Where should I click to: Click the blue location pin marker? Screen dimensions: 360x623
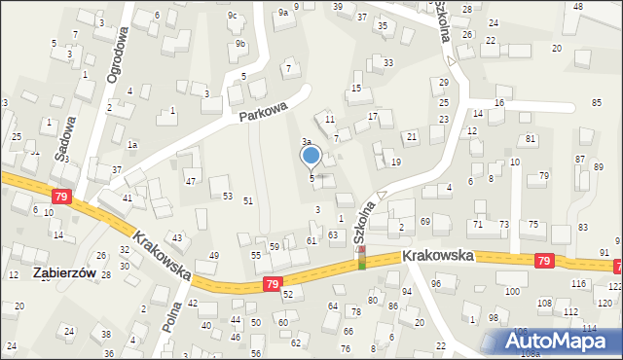click(311, 156)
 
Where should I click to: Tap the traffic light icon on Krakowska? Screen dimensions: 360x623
click(362, 258)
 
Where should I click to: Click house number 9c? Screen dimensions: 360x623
click(233, 15)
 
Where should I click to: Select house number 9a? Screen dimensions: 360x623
click(283, 13)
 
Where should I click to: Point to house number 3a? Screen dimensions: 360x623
click(306, 142)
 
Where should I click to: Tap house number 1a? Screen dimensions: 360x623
click(131, 144)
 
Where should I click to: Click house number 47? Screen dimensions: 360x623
click(191, 182)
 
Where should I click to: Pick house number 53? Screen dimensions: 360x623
click(227, 197)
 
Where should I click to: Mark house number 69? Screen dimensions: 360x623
click(425, 222)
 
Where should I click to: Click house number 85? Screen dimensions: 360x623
click(596, 103)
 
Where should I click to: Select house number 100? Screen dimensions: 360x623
click(511, 292)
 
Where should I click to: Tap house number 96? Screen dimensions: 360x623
click(436, 284)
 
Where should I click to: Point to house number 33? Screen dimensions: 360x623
click(388, 62)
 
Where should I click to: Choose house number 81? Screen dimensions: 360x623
click(531, 139)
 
